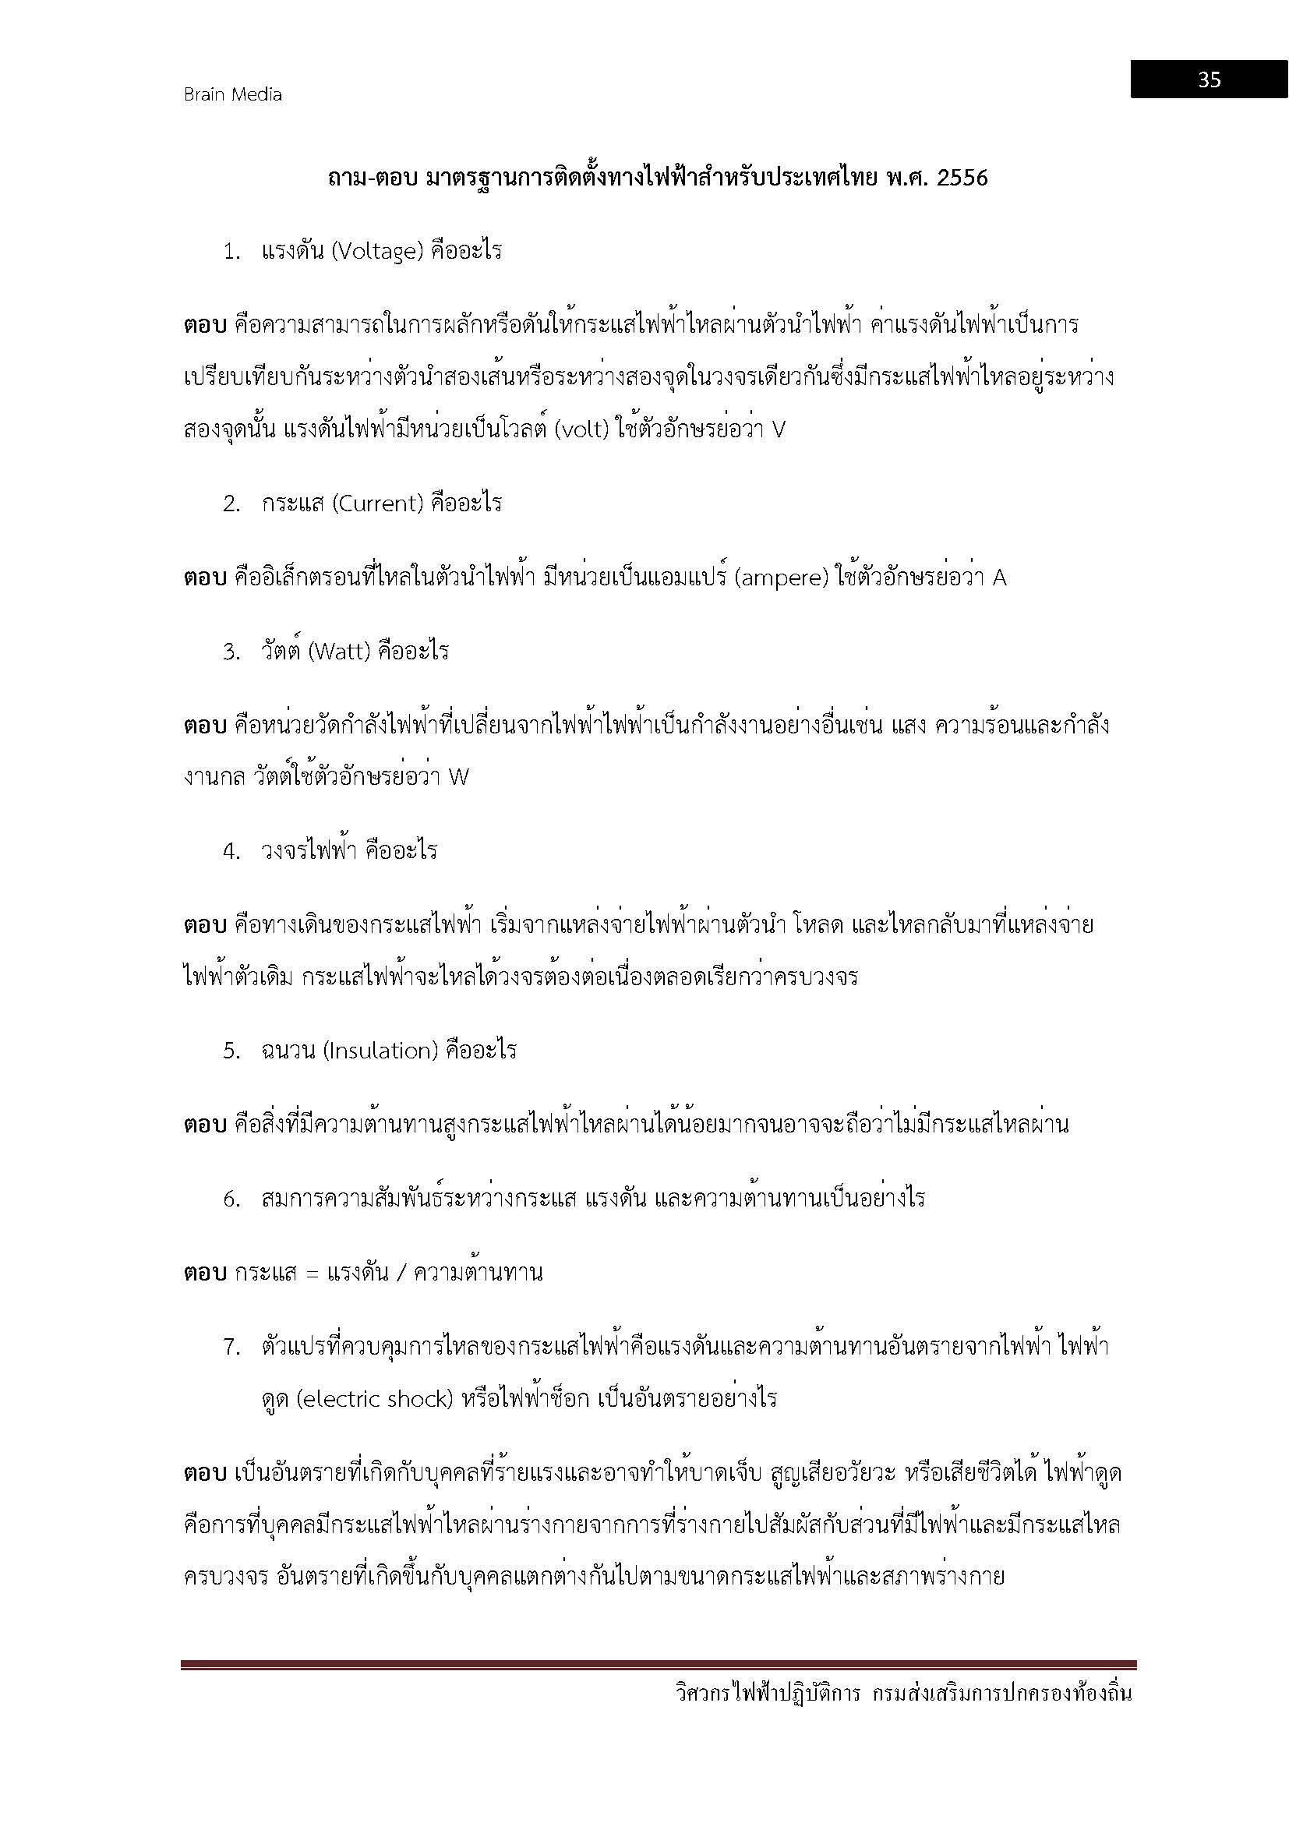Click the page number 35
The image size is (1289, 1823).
(x=1209, y=79)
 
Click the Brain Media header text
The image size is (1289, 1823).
(x=232, y=94)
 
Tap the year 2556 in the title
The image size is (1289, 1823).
(x=962, y=178)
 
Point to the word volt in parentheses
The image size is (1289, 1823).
(x=583, y=429)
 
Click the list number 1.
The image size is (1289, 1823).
(x=231, y=253)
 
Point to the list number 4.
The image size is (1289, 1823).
(x=231, y=852)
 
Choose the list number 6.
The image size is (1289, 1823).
(x=231, y=1199)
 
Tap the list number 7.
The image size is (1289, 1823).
(x=231, y=1347)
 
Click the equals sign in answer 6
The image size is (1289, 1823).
(x=312, y=1274)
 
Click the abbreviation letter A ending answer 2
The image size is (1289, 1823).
(x=999, y=578)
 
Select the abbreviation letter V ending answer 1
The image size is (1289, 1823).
(x=778, y=430)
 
